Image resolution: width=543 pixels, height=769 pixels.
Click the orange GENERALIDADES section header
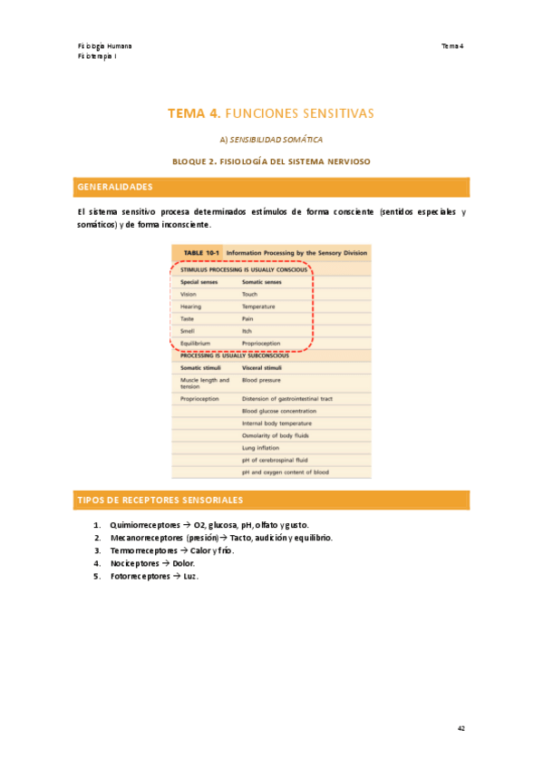point(114,187)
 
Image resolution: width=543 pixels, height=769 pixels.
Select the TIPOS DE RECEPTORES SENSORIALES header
point(160,501)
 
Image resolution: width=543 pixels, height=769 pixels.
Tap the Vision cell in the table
point(189,295)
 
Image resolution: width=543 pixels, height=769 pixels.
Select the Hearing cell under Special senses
point(190,307)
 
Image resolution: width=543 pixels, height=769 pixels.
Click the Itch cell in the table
point(247,332)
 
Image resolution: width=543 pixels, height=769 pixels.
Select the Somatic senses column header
point(261,282)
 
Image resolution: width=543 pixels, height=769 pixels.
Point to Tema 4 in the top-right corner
point(451,45)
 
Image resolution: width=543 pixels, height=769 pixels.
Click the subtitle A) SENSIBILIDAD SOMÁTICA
point(271,140)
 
